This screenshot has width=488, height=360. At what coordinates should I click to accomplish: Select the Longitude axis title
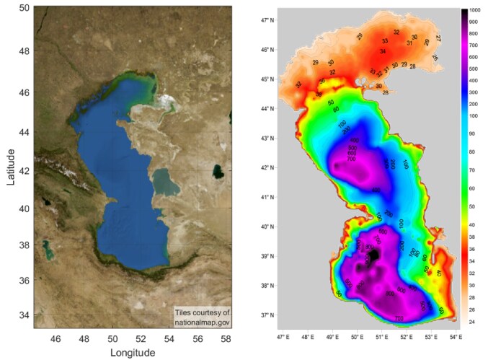click(x=133, y=352)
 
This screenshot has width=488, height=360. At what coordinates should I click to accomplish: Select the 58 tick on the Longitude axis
click(x=226, y=337)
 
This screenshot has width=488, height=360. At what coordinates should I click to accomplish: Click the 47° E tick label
click(x=283, y=335)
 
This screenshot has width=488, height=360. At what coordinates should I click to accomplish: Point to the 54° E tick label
click(x=455, y=335)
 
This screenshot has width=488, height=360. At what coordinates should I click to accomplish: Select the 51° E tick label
click(x=381, y=335)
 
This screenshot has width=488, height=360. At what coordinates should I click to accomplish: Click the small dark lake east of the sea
click(x=218, y=171)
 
